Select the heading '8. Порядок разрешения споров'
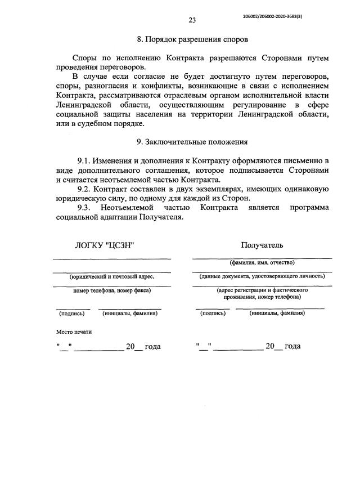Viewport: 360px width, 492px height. (192, 40)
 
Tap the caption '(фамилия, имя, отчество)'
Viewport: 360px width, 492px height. (262, 262)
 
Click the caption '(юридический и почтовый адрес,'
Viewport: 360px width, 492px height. (111, 276)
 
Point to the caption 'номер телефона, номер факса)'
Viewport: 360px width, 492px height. (112, 290)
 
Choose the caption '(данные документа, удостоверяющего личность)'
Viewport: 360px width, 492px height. (262, 276)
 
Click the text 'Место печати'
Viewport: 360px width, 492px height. (74, 332)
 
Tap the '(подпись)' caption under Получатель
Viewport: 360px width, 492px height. (213, 313)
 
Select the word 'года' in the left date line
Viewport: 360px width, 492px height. (152, 347)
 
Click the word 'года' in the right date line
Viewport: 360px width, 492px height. (292, 346)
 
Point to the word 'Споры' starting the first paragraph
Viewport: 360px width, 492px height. (85, 59)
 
